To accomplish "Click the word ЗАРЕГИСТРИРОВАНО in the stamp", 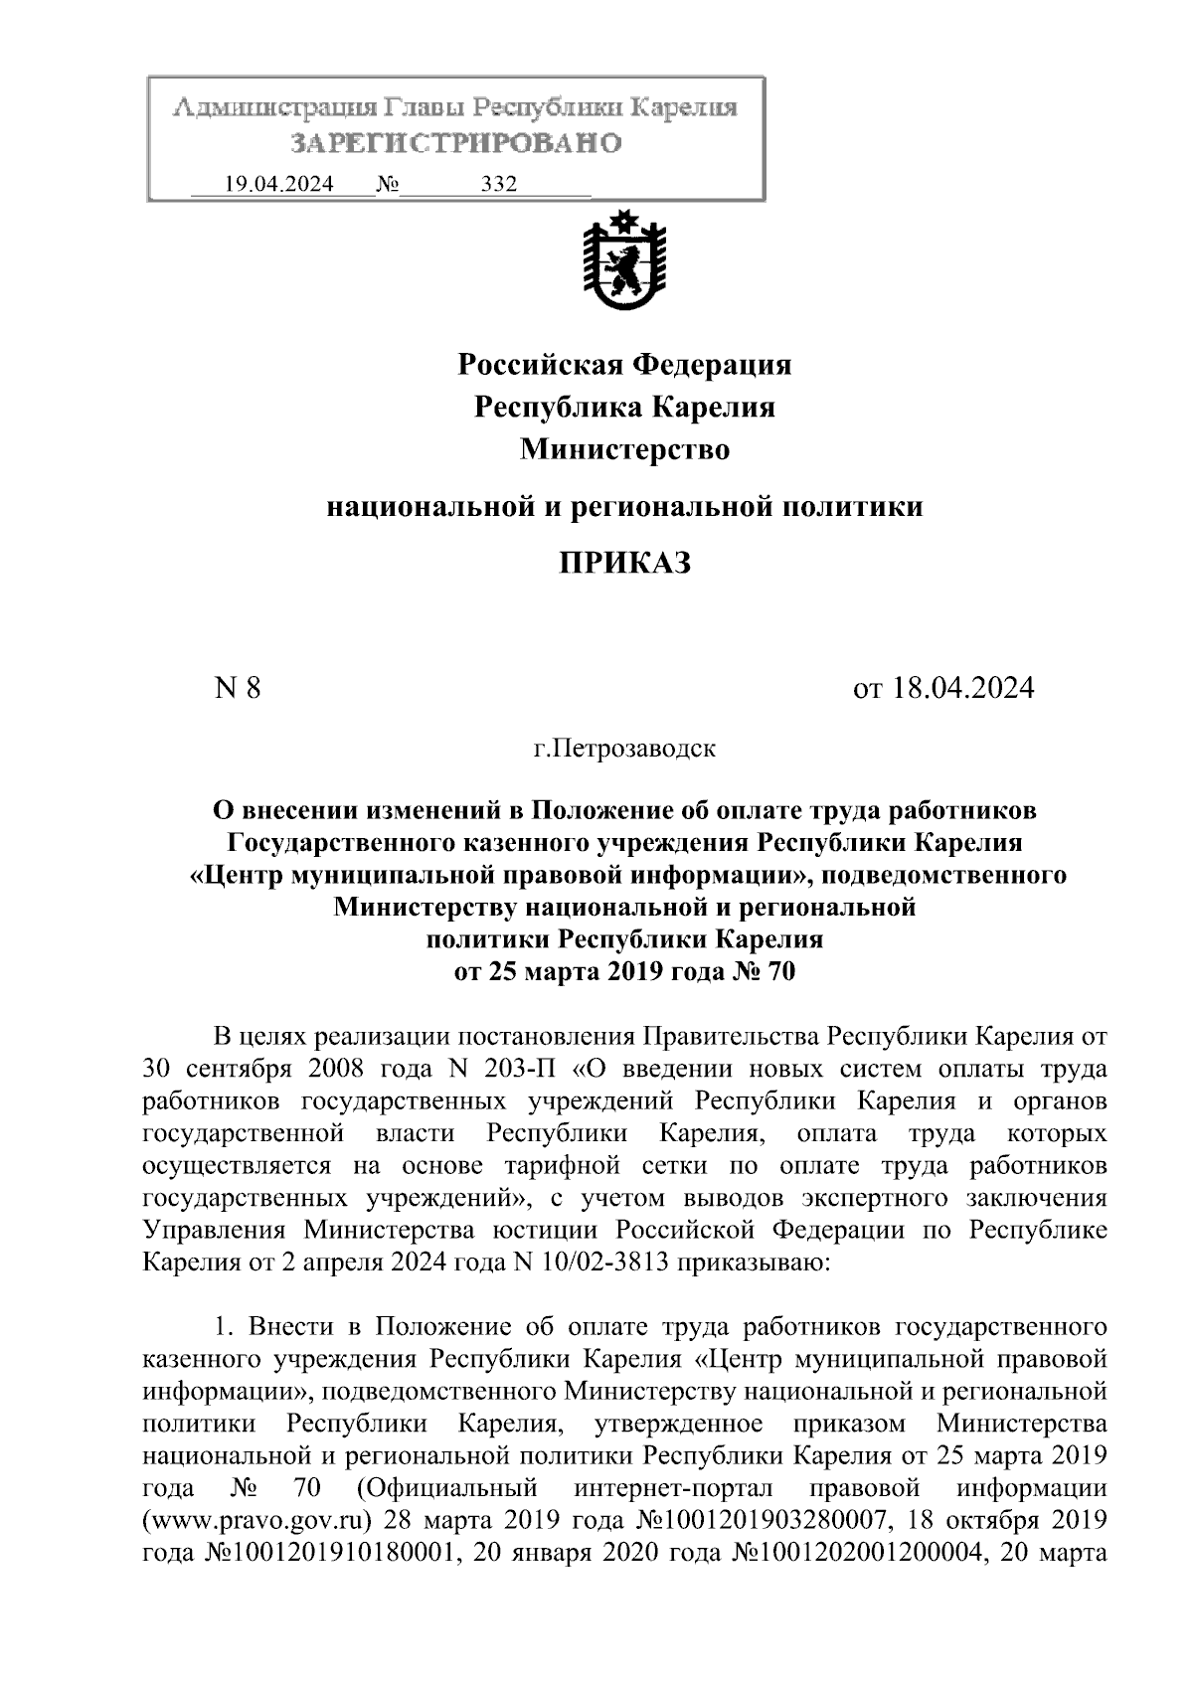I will pyautogui.click(x=456, y=143).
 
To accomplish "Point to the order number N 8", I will pyautogui.click(x=238, y=688).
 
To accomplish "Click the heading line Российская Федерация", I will pyautogui.click(x=624, y=365).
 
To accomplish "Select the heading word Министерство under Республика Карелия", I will pyautogui.click(x=624, y=450).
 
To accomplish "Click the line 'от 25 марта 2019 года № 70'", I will pyautogui.click(x=624, y=971).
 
